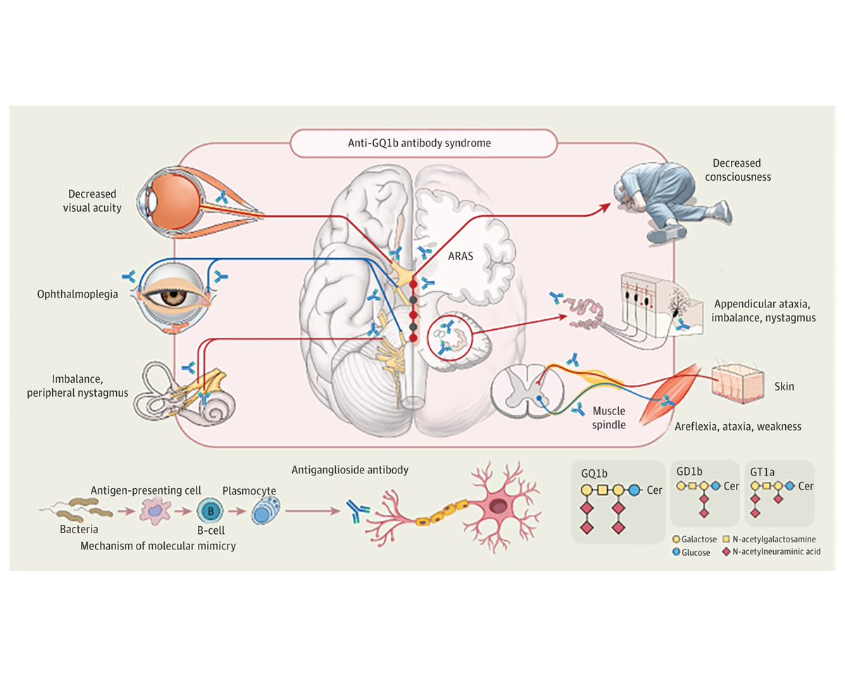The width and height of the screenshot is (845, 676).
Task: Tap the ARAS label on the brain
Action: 462,257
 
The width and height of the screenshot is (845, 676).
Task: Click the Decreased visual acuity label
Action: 92,200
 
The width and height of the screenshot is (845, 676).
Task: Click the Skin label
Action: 784,387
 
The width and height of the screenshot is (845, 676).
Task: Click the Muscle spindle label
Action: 610,417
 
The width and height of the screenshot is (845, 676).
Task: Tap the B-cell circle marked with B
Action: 208,510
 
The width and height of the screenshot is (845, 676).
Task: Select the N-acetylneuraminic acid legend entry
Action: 764,552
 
